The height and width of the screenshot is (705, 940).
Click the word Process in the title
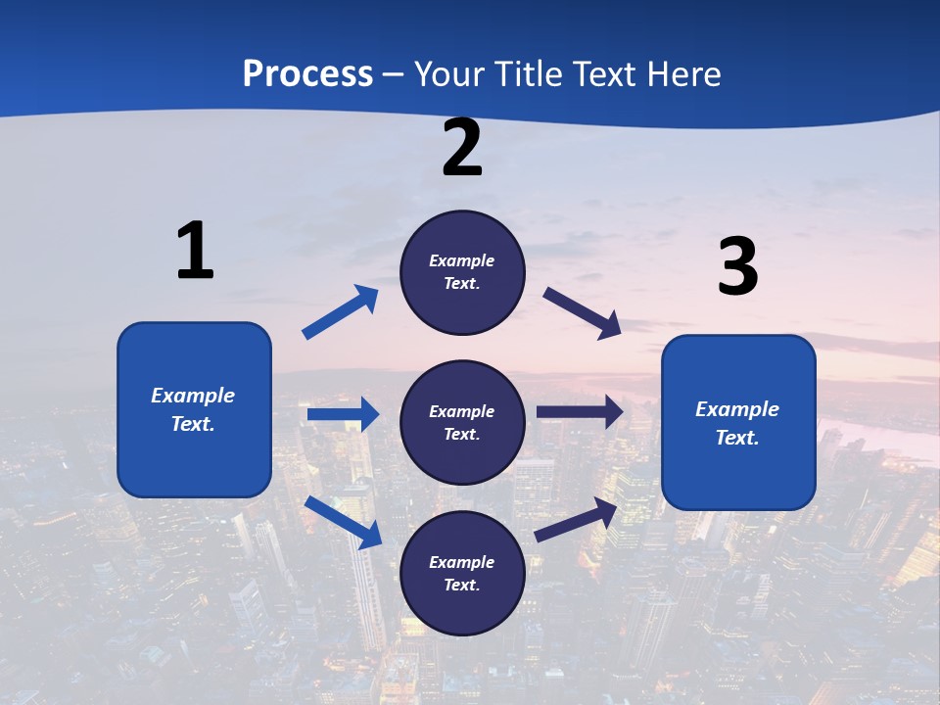[307, 73]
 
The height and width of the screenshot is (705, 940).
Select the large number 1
[195, 251]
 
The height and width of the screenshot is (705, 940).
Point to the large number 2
[462, 149]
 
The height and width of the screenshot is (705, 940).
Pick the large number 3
[738, 267]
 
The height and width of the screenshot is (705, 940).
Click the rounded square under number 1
[194, 409]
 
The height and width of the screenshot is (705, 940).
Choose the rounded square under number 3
[738, 422]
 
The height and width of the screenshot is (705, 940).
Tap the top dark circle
[462, 272]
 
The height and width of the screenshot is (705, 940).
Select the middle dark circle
[462, 422]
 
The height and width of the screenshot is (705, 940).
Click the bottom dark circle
[462, 573]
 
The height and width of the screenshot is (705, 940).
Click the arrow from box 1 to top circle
[341, 312]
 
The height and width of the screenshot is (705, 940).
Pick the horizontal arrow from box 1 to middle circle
[343, 414]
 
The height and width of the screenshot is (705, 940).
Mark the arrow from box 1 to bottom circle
[343, 522]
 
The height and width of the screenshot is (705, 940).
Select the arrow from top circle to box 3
[583, 312]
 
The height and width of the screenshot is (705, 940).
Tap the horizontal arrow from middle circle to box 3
[580, 412]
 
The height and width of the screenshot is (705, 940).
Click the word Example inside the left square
[193, 396]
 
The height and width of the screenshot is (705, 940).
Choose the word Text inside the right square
[736, 438]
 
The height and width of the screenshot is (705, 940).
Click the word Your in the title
[449, 73]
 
